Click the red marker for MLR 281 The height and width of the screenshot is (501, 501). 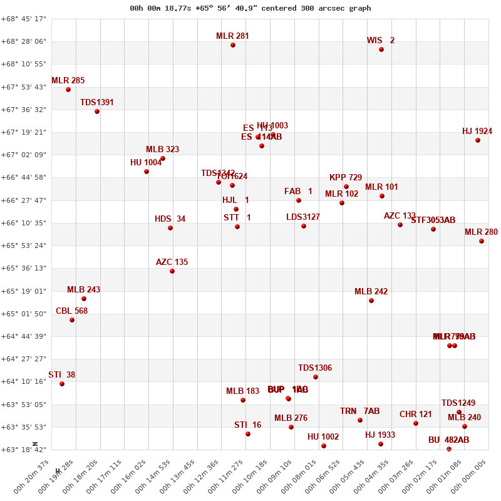(233, 45)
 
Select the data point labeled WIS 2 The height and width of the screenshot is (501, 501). (381, 49)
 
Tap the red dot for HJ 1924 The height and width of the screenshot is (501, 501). (478, 140)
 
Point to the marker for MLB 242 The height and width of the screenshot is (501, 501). (371, 301)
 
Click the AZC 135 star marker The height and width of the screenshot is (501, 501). (172, 271)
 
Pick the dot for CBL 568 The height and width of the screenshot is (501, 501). (72, 320)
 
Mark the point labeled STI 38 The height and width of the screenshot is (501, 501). (62, 384)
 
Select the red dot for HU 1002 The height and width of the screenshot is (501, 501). (324, 446)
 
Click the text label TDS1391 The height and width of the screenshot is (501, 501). (97, 102)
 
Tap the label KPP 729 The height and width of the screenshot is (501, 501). (346, 177)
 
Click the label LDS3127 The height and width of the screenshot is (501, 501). (303, 217)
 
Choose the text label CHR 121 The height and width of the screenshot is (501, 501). (416, 414)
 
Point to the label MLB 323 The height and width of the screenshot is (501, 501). (163, 149)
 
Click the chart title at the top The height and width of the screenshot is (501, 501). (250, 8)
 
